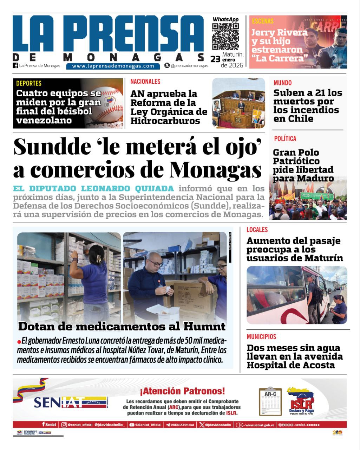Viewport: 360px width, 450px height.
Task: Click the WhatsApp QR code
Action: (x=225, y=37)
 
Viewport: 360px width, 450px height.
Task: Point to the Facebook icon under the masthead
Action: (x=15, y=65)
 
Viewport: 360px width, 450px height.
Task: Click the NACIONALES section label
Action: (x=145, y=82)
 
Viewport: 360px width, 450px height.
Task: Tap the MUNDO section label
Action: (x=282, y=83)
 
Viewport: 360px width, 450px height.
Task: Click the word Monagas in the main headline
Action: (x=216, y=171)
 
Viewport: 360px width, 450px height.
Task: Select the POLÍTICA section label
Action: (x=285, y=139)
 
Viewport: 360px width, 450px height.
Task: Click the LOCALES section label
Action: (x=257, y=230)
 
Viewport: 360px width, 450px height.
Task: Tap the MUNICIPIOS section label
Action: (x=261, y=336)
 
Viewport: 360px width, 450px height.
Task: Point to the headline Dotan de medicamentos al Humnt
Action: (x=122, y=326)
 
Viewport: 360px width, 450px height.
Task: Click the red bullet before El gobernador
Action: (x=19, y=342)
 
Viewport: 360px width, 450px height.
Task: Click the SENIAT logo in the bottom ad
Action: (x=70, y=402)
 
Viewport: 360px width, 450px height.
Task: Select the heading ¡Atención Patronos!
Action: (x=182, y=391)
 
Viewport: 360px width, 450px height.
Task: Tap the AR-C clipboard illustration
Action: (x=270, y=401)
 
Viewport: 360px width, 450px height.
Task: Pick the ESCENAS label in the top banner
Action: (x=262, y=21)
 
